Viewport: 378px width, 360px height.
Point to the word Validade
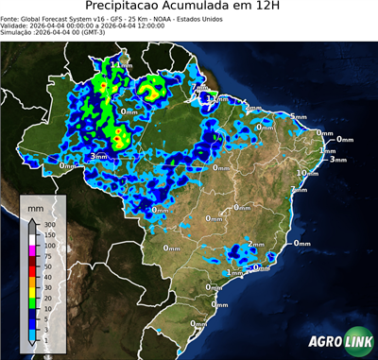[x=17, y=26]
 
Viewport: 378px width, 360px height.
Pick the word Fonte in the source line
[x=12, y=19]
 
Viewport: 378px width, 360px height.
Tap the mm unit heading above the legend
[x=35, y=207]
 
